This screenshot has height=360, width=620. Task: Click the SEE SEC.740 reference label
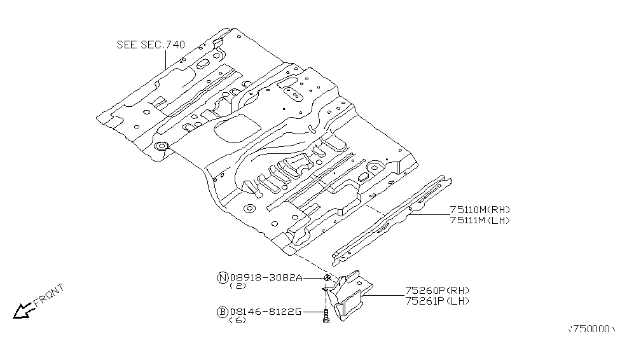(151, 45)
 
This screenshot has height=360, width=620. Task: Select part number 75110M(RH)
(480, 210)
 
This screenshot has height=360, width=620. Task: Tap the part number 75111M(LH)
(480, 220)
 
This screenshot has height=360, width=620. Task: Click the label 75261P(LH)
(437, 301)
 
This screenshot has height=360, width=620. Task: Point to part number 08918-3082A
(266, 277)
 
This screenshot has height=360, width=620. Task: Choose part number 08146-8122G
(266, 312)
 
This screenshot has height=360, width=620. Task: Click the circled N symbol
(223, 277)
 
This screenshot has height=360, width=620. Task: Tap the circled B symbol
(223, 312)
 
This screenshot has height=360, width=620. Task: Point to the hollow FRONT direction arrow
(23, 310)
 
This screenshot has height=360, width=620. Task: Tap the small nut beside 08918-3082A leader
(326, 278)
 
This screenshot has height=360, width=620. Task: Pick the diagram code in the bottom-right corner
(591, 329)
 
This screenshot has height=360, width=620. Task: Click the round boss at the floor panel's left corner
(162, 148)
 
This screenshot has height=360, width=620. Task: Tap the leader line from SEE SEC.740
(167, 61)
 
